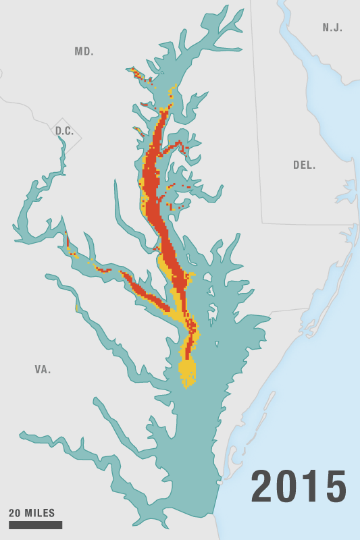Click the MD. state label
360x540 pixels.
[x=84, y=52]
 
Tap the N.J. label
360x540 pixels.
[x=332, y=28]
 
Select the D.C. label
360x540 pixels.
[x=65, y=131]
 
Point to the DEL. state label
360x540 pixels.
[x=304, y=165]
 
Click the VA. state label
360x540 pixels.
[x=43, y=370]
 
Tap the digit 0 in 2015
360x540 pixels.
[x=288, y=487]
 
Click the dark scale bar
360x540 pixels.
[x=35, y=525]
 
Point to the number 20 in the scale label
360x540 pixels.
[x=15, y=513]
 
